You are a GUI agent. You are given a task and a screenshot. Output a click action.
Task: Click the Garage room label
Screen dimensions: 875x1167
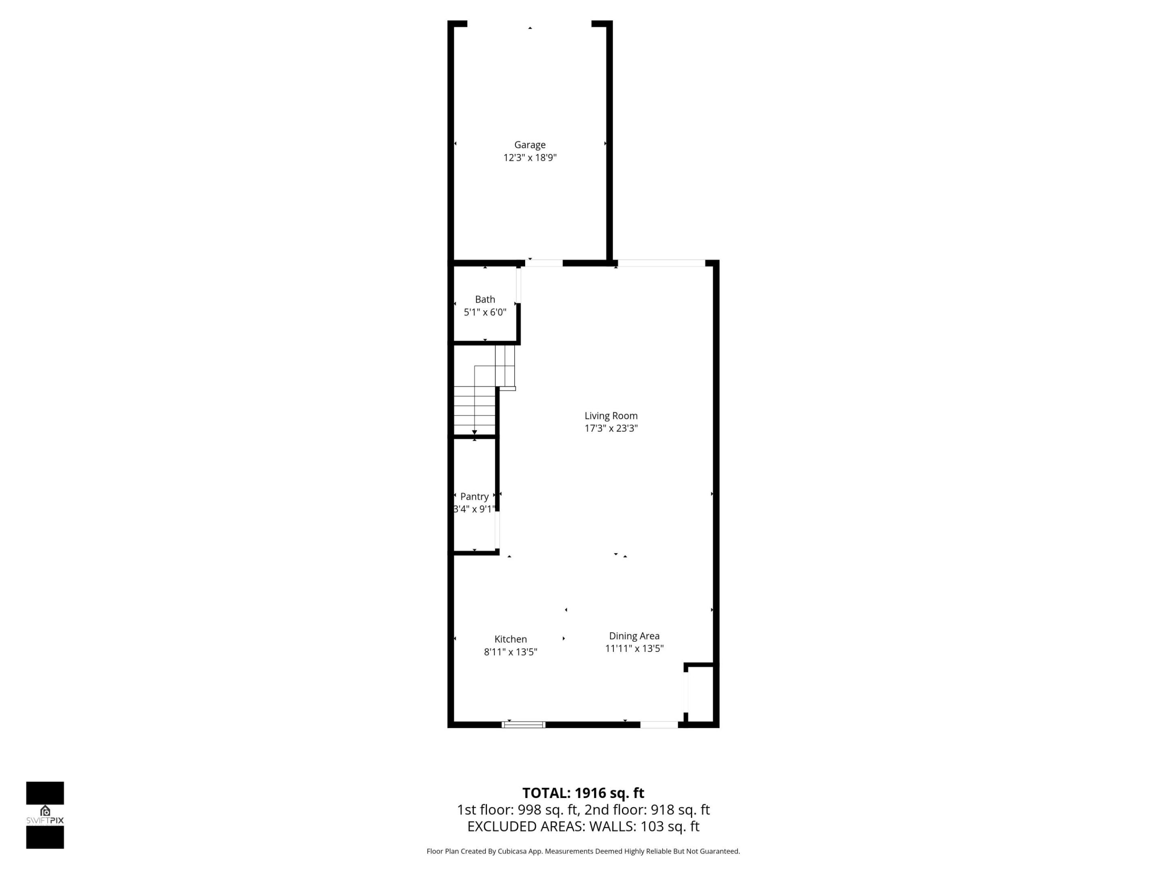point(530,145)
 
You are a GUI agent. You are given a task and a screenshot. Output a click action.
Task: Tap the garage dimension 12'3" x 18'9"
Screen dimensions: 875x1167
point(530,158)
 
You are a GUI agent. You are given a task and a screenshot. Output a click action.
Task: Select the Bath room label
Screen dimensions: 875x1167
point(485,299)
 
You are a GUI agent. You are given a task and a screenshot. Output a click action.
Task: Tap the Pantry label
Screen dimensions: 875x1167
point(474,496)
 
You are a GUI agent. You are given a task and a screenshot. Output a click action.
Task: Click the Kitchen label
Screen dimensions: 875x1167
point(510,639)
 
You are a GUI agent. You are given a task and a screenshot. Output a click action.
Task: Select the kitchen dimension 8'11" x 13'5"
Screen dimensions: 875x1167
point(510,652)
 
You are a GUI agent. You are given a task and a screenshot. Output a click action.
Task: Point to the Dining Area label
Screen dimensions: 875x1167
point(634,636)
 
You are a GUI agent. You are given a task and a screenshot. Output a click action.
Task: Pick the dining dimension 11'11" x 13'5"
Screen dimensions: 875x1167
point(634,649)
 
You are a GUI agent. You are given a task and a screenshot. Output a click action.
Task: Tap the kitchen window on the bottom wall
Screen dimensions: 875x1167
point(523,725)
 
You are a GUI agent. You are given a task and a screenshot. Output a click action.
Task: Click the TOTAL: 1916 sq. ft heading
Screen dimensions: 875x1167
point(583,793)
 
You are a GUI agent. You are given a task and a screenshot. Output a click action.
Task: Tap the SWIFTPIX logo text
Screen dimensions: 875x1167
point(45,821)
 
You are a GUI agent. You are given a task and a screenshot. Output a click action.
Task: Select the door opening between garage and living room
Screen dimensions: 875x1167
point(543,262)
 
